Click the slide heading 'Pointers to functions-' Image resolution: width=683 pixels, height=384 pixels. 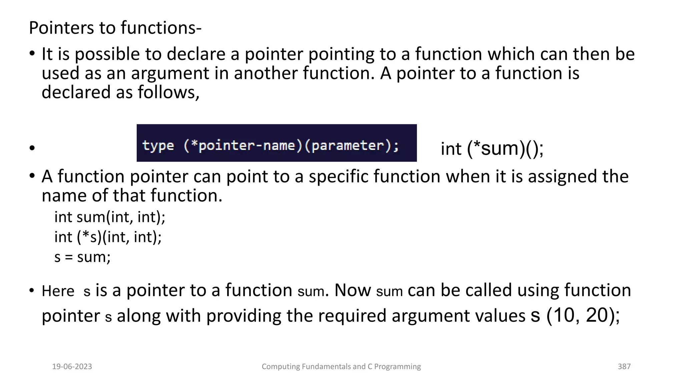(115, 28)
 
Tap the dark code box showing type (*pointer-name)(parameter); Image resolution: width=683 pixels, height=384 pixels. (276, 143)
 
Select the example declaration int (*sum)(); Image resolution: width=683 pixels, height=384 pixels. (492, 149)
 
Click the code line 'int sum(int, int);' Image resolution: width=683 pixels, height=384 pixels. (110, 217)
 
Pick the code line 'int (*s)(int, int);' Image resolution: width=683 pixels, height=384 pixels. (108, 237)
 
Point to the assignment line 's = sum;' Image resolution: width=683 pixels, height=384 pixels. (82, 257)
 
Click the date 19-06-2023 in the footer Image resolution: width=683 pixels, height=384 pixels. (72, 367)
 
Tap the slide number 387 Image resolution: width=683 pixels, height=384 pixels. (624, 367)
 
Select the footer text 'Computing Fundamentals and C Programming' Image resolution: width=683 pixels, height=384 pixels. (341, 367)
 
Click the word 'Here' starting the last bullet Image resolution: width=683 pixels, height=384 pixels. (58, 291)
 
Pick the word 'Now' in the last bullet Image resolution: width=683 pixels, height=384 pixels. (352, 290)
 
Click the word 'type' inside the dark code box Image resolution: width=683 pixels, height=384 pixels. (158, 146)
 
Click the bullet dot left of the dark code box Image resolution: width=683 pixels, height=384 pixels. (32, 148)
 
